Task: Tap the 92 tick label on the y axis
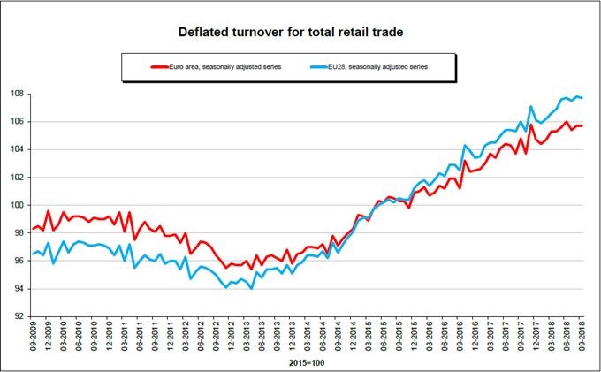pos(20,316)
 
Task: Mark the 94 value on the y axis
pos(20,289)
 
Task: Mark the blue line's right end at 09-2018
pos(582,97)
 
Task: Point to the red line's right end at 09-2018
pos(582,125)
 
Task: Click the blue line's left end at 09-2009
pos(33,254)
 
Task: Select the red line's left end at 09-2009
pos(33,229)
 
